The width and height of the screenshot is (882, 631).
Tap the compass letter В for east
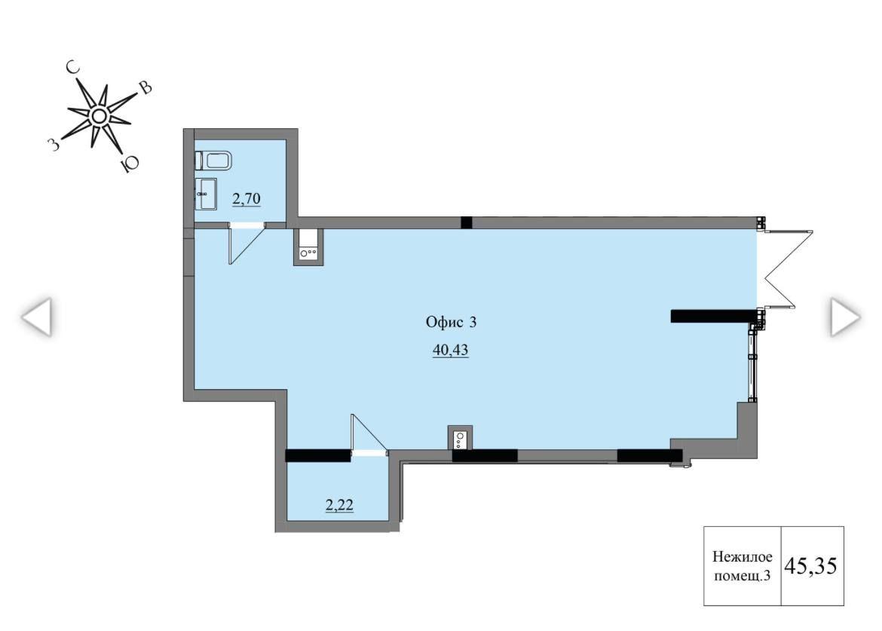click(145, 87)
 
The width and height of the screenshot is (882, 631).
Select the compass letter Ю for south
click(129, 164)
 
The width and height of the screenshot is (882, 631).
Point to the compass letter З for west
click(54, 145)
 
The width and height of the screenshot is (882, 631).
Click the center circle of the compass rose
click(100, 116)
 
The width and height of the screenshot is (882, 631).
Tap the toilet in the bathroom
click(213, 161)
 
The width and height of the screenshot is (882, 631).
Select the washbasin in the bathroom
click(206, 194)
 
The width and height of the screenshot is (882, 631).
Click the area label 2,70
click(247, 198)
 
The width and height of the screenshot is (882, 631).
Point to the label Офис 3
click(451, 322)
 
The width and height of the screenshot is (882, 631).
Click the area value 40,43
click(451, 350)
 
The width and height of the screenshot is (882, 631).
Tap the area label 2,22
click(340, 505)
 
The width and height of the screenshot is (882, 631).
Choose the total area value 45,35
click(811, 565)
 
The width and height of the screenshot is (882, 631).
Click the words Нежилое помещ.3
click(742, 566)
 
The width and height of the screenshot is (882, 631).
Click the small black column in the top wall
click(467, 222)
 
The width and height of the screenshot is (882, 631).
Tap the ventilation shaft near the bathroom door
click(308, 247)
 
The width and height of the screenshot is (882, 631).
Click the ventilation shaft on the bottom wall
click(460, 437)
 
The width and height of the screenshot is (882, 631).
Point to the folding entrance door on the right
click(786, 269)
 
